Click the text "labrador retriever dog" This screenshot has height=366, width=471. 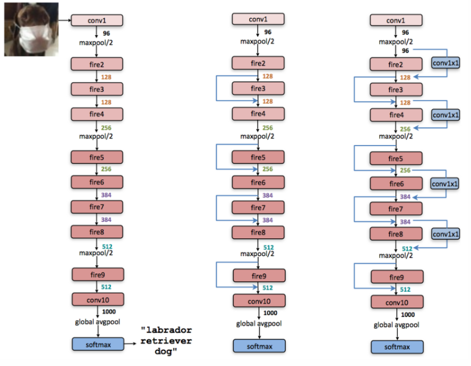tap(166, 341)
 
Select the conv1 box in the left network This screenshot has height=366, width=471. tap(97, 20)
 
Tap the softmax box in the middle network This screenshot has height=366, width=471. tap(259, 346)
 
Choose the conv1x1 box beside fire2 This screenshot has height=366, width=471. tap(445, 63)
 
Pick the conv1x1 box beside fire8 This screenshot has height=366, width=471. tap(445, 234)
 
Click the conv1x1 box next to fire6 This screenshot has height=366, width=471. tap(444, 184)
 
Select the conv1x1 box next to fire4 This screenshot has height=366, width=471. tap(445, 115)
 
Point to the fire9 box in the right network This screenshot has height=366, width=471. tap(397, 277)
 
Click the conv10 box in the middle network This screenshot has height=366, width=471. tap(259, 301)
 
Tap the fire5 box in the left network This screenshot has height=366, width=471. tap(97, 157)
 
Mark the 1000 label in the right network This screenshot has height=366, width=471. tap(408, 315)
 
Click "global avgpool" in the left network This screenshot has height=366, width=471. tap(97, 322)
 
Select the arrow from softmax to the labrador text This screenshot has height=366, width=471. tap(130, 344)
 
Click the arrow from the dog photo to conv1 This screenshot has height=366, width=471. tap(64, 20)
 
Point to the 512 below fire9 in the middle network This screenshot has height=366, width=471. tap(267, 288)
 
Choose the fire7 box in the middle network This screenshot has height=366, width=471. tap(258, 208)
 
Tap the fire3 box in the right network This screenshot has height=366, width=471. tap(396, 90)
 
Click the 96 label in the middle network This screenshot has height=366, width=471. tap(267, 32)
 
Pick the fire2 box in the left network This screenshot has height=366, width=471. tap(97, 64)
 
